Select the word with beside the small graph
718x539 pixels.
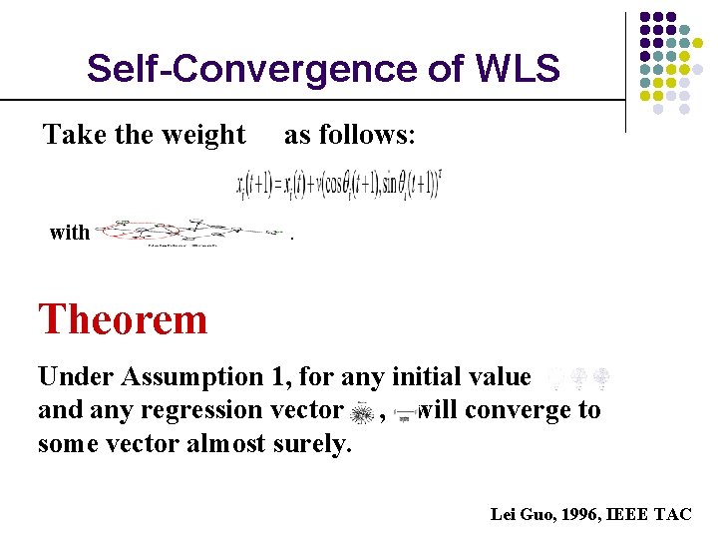pos(69,233)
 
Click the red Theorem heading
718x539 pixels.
pos(123,319)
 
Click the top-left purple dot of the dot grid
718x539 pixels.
pos(644,18)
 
